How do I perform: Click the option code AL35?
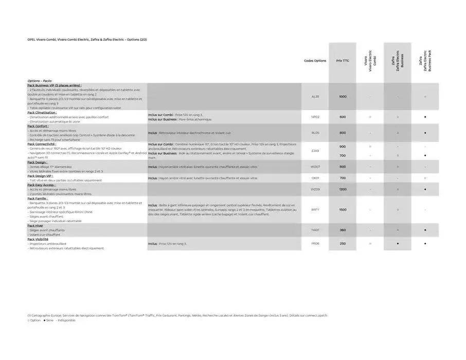pos(315,96)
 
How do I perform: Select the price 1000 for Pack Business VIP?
pos(343,96)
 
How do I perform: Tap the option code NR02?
pos(315,117)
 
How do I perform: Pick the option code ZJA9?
pos(315,151)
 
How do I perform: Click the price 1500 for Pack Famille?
pos(343,209)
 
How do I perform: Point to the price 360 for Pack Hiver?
pos(343,230)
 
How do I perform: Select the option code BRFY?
pos(315,209)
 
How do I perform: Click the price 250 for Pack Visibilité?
pos(343,243)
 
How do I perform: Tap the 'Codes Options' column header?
pos(315,61)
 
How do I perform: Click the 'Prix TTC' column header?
pos(343,61)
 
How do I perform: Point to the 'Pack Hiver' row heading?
pos(35,226)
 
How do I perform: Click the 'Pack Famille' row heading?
pos(38,198)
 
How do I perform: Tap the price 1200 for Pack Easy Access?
pos(343,189)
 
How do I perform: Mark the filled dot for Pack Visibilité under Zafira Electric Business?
pos(398,243)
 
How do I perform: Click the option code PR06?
pos(315,243)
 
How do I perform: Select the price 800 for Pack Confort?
pos(343,133)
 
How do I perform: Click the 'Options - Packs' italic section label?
pos(40,81)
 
